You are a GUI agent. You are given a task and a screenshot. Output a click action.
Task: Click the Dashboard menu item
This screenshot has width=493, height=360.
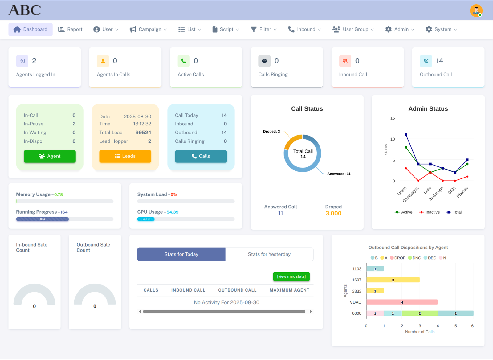coord(30,29)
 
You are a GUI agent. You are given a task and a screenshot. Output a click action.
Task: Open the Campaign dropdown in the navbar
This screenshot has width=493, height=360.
coord(148,29)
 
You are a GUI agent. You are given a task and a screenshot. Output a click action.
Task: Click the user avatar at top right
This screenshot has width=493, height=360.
coord(476,10)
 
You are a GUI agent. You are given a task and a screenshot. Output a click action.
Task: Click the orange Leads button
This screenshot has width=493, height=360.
coord(125,156)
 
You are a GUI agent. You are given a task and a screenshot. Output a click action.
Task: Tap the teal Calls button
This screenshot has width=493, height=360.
coord(201,156)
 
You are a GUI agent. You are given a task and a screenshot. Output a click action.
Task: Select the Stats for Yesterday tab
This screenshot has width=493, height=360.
coord(269,254)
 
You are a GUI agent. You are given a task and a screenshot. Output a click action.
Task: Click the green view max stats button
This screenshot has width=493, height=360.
coord(291,276)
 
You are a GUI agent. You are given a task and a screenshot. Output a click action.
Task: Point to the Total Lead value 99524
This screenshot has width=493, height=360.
coord(143,133)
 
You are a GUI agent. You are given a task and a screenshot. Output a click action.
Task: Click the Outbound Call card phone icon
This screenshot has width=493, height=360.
coord(426,61)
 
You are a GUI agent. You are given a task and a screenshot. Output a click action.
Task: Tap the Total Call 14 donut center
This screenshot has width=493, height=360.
coord(303,154)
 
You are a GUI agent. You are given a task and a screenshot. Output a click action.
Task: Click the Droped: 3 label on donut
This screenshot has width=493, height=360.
coord(271,131)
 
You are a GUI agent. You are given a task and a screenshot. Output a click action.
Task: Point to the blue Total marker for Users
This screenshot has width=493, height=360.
coord(406,135)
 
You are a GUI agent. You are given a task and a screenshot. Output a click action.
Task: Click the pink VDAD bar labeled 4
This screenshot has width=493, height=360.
coord(402,302)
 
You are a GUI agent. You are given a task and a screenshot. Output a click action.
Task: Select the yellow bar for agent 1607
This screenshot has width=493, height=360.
coord(393,280)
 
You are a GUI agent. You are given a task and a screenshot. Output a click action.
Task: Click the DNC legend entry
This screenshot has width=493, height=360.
coord(414,258)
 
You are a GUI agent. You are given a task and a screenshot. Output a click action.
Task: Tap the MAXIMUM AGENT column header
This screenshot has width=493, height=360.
coord(289,290)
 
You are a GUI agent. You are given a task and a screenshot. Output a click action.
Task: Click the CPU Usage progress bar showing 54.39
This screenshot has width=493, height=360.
coord(146,219)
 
